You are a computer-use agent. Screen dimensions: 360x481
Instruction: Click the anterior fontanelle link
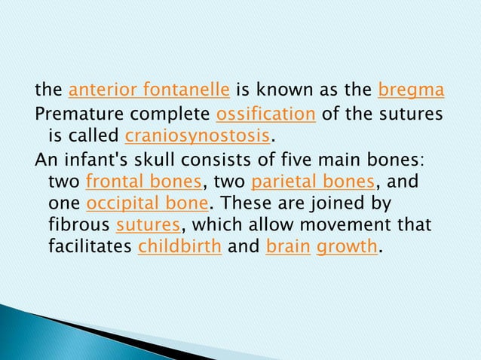149,92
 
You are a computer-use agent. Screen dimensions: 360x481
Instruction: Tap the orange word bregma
410,92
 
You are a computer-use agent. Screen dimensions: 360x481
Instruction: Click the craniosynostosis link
197,137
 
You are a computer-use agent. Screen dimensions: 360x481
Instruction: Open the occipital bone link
148,205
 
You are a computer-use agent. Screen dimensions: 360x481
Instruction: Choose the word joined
343,205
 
